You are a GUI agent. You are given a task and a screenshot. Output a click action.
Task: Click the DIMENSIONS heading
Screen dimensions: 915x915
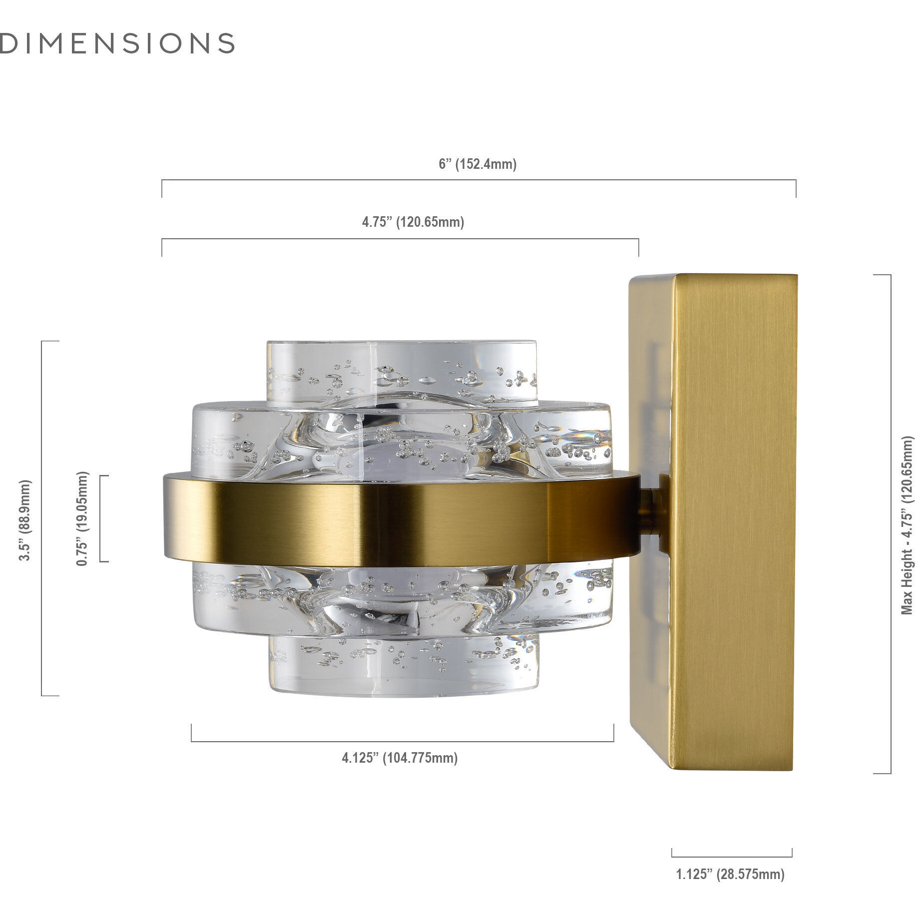pyautogui.click(x=117, y=43)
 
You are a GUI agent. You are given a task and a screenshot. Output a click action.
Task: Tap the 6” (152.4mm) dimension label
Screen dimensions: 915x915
pyautogui.click(x=478, y=164)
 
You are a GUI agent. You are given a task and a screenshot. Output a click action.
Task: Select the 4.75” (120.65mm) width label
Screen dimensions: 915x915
pyautogui.click(x=413, y=222)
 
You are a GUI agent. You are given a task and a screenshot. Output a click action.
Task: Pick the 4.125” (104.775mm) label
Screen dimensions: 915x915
pyautogui.click(x=400, y=758)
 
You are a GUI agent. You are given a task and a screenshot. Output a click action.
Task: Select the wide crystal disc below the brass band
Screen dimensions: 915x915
pyautogui.click(x=403, y=599)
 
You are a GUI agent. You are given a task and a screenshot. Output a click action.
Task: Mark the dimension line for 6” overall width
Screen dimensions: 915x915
pyautogui.click(x=478, y=181)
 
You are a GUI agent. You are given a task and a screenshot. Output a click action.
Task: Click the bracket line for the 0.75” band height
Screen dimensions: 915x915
pyautogui.click(x=100, y=518)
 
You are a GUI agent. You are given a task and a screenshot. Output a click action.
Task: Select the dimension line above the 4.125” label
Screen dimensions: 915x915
pyautogui.click(x=402, y=741)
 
